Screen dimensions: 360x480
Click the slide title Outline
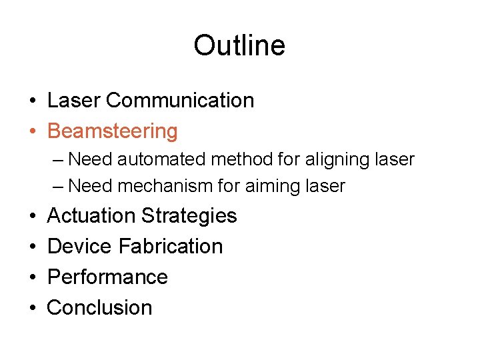pyautogui.click(x=239, y=45)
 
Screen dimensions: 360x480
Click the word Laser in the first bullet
pyautogui.click(x=73, y=101)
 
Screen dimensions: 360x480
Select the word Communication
pyautogui.click(x=179, y=101)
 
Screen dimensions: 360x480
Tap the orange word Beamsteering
pyautogui.click(x=113, y=131)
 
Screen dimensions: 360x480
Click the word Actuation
pyautogui.click(x=91, y=216)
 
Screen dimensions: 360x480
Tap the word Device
pyautogui.click(x=79, y=246)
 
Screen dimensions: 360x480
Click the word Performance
pyautogui.click(x=107, y=277)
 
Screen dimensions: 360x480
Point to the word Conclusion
pyautogui.click(x=100, y=307)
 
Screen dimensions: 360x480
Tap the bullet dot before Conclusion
pyautogui.click(x=32, y=308)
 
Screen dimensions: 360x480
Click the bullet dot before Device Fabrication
pyautogui.click(x=32, y=247)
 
